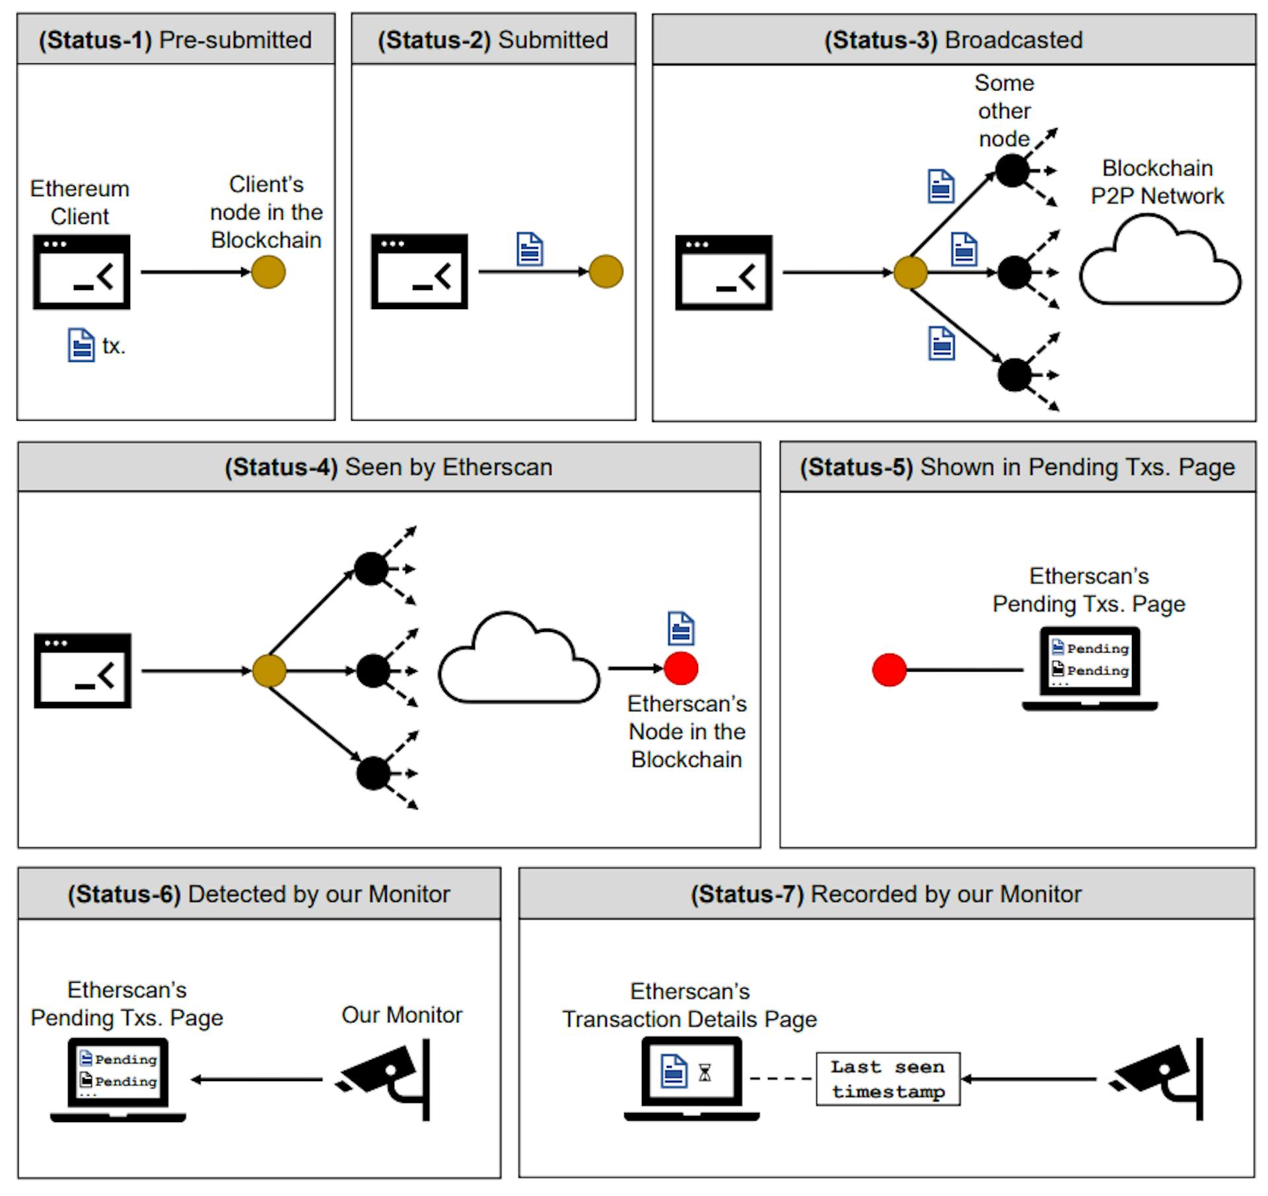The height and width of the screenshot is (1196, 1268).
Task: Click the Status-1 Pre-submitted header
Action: click(175, 40)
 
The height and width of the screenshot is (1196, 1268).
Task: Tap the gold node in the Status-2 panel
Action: click(606, 271)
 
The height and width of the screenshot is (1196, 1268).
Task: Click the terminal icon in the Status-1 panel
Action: click(81, 271)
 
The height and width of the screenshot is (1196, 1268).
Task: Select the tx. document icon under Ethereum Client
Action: click(81, 345)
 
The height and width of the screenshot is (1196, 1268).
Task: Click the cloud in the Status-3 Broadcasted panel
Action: click(1160, 264)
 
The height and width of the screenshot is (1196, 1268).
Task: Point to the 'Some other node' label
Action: click(1004, 110)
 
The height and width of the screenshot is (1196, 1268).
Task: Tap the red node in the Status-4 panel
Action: click(681, 668)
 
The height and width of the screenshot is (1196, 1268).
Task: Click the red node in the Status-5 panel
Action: click(889, 670)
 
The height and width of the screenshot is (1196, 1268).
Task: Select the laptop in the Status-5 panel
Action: click(1090, 668)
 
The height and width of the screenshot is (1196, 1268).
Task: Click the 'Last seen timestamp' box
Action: click(888, 1079)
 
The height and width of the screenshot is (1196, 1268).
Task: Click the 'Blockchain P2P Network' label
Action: click(1157, 182)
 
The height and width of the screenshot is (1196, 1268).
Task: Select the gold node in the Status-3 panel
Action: click(910, 272)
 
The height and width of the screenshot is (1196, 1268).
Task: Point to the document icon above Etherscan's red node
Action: click(681, 628)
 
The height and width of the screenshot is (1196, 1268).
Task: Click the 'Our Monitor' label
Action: click(402, 1015)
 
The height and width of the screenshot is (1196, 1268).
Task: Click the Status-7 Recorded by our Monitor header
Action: click(886, 894)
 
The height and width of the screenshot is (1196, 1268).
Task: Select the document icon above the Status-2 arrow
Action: click(530, 249)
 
